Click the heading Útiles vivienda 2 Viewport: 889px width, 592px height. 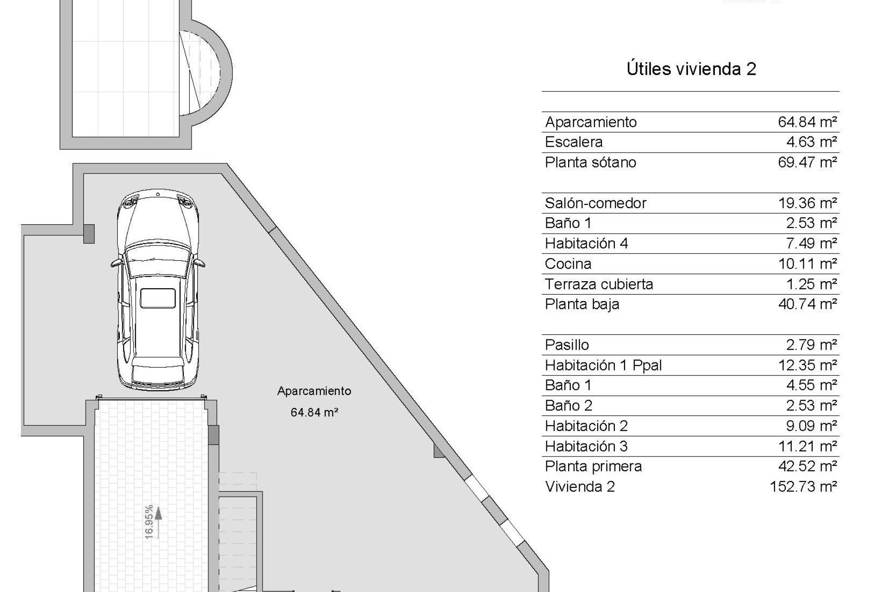pyautogui.click(x=691, y=69)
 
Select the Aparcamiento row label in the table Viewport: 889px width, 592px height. pyautogui.click(x=591, y=122)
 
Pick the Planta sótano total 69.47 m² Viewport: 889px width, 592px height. pyautogui.click(x=807, y=162)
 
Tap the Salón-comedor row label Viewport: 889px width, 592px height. pyautogui.click(x=595, y=203)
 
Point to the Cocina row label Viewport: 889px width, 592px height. pyautogui.click(x=568, y=264)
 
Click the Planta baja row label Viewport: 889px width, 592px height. pyautogui.click(x=582, y=304)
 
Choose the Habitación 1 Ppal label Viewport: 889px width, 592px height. pyautogui.click(x=603, y=365)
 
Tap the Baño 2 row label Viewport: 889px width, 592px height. pyautogui.click(x=569, y=406)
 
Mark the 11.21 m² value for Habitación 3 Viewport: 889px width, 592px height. pyautogui.click(x=807, y=446)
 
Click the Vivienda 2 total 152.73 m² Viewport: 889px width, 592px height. pyautogui.click(x=803, y=487)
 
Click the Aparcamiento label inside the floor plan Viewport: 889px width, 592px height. pyautogui.click(x=314, y=391)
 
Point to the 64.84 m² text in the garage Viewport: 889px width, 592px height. pyautogui.click(x=314, y=412)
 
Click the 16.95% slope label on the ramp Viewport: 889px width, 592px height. pyautogui.click(x=149, y=522)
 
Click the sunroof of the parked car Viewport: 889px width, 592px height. pyautogui.click(x=158, y=297)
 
